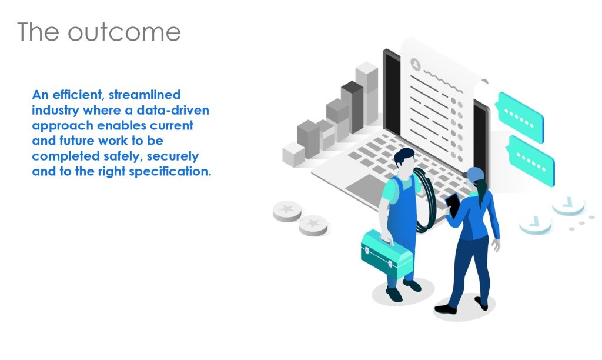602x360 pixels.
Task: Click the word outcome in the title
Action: coord(124,32)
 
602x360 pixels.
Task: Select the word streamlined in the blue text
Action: coord(145,95)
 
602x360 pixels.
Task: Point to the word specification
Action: coord(170,172)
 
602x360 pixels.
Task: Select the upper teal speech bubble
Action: coord(520,117)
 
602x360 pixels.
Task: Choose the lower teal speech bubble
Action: coord(531,161)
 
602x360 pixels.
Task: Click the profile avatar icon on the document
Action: coord(416,64)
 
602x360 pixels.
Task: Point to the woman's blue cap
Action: coord(474,174)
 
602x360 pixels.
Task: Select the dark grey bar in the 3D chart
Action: coord(353,106)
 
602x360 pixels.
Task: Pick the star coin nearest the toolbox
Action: coord(313,225)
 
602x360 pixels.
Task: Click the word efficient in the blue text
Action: coord(78,95)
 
